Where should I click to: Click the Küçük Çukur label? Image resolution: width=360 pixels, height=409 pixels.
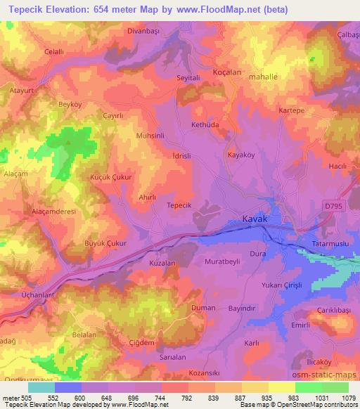tap(111, 178)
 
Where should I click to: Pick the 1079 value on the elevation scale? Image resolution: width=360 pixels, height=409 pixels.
tap(347, 398)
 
